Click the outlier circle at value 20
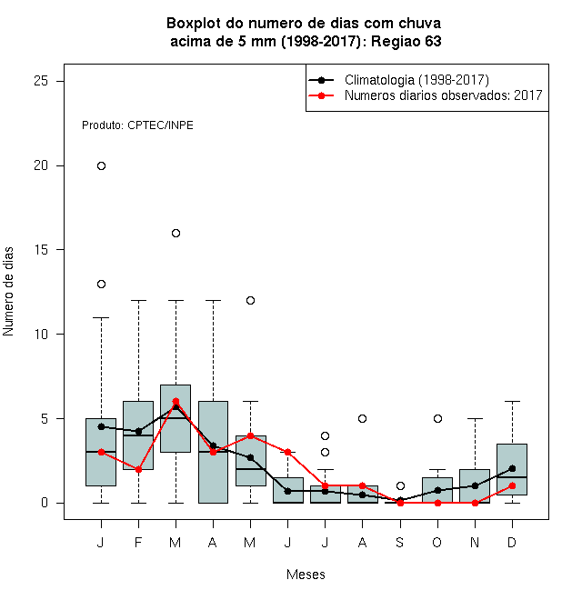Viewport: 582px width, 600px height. tap(101, 165)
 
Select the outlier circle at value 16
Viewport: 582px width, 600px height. tap(176, 233)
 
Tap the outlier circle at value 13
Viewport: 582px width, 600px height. tap(101, 284)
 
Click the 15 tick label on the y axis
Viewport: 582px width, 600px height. tap(41, 249)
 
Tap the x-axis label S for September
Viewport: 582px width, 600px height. tap(400, 542)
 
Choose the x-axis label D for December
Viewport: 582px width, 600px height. tap(512, 542)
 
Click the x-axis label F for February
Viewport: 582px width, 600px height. tap(138, 542)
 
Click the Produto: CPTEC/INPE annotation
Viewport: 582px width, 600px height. tap(137, 125)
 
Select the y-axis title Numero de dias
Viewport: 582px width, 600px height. tap(8, 292)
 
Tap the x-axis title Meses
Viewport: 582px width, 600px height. tap(306, 575)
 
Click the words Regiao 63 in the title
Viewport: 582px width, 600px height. tap(406, 41)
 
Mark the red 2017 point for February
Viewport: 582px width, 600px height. tap(138, 469)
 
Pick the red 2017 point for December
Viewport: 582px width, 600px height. tap(512, 486)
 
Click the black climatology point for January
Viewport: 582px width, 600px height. tap(101, 426)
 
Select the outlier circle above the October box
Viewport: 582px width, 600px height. tap(437, 418)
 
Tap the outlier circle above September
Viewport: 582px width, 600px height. tap(400, 486)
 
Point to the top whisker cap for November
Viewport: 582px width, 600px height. tap(475, 418)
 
